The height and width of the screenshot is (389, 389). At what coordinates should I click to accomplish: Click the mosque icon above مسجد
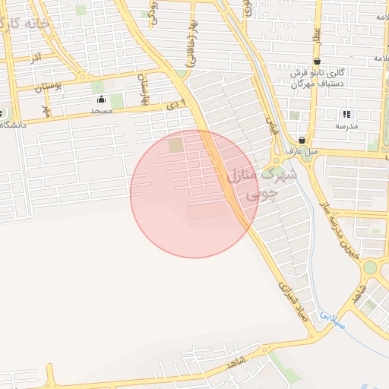pos(101,100)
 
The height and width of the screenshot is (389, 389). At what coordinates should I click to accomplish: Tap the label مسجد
pos(101,111)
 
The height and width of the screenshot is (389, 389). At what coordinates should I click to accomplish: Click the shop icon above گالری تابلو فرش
pos(316,62)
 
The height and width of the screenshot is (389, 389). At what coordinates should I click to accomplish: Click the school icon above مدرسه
pos(346,114)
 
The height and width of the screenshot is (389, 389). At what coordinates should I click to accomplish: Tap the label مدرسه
pos(347,125)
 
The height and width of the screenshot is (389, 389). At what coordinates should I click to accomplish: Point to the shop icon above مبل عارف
pos(302,140)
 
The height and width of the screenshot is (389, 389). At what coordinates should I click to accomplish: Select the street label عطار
pos(315,36)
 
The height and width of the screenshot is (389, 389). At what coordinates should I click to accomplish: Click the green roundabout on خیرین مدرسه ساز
pos(370,267)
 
